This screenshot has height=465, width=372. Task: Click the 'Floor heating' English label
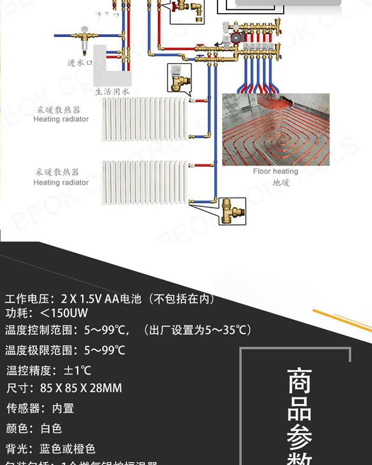[x=275, y=171]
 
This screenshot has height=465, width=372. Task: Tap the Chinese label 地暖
[x=281, y=182]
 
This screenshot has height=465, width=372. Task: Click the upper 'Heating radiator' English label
[x=61, y=119]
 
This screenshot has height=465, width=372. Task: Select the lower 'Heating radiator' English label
[x=61, y=182]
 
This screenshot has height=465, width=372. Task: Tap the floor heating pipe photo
[x=275, y=129]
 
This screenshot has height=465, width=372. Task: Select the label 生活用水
[x=112, y=92]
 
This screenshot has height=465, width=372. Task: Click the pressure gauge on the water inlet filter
[x=84, y=29]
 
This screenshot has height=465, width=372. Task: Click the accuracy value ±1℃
[x=77, y=370]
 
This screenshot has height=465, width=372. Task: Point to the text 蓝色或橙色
[x=67, y=448]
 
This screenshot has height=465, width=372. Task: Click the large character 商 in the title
[x=299, y=381]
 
